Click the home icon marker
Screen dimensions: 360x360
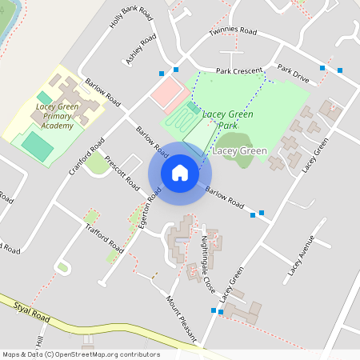tap(180, 173)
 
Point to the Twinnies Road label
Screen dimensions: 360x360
tap(233, 32)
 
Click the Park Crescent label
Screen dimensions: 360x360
tap(238, 71)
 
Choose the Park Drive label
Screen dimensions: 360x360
tap(293, 75)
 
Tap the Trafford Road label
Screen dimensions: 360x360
tap(104, 238)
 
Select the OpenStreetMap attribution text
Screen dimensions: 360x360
tap(80, 354)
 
